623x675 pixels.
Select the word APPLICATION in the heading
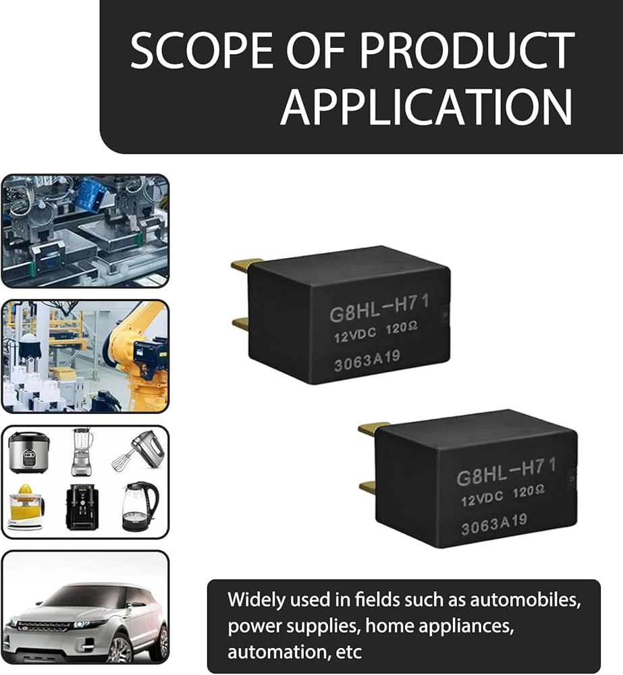[x=426, y=107]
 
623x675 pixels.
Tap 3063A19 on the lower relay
[x=494, y=524]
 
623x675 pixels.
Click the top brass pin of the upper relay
[x=246, y=265]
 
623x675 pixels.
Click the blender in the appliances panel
[x=82, y=452]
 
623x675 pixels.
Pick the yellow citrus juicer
[x=26, y=506]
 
